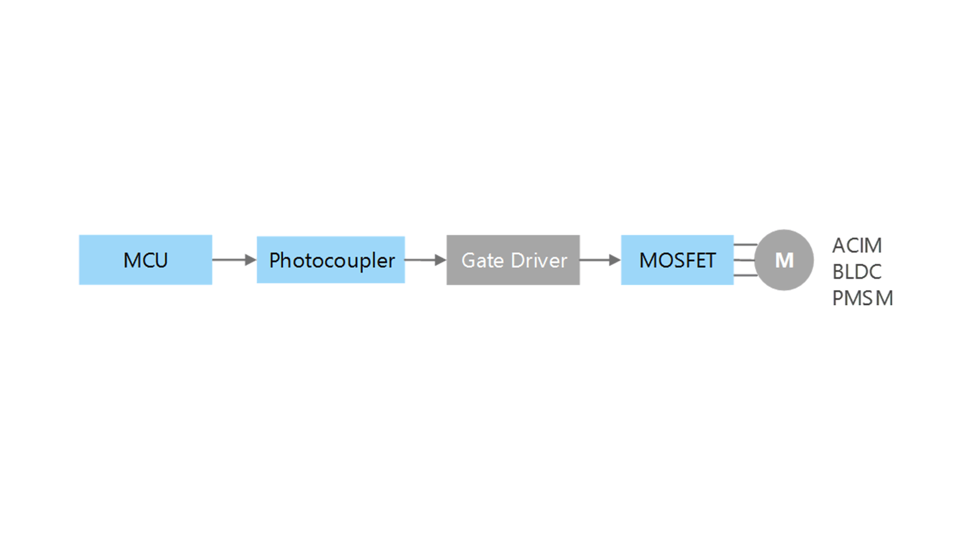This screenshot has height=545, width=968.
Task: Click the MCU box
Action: click(x=146, y=260)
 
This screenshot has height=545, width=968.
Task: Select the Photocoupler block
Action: click(x=331, y=260)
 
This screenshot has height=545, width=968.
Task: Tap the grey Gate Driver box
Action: click(x=513, y=260)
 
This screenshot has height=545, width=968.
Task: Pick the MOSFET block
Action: click(x=677, y=260)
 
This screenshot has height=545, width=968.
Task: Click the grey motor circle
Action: click(x=784, y=260)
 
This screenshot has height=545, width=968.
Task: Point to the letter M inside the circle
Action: click(x=785, y=261)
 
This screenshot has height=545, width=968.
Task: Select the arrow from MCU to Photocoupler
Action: click(x=234, y=260)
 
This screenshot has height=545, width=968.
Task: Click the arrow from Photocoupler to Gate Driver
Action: click(x=425, y=260)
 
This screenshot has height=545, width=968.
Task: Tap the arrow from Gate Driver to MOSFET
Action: click(x=600, y=260)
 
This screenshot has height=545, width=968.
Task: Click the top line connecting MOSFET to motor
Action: click(x=746, y=245)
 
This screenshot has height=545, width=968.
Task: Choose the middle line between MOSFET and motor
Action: click(x=744, y=260)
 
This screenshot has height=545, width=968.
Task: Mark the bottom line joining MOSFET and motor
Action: click(x=746, y=275)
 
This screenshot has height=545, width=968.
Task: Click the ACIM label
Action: click(x=857, y=245)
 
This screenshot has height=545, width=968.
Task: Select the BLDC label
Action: click(x=857, y=272)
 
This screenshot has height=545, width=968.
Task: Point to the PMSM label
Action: click(x=863, y=298)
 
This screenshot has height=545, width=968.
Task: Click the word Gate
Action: click(x=483, y=261)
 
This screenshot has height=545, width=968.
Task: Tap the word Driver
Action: click(x=539, y=261)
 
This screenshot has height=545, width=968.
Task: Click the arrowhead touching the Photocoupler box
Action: click(x=251, y=260)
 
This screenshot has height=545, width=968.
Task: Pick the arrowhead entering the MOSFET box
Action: click(x=615, y=260)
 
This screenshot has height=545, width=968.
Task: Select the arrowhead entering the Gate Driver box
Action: click(x=441, y=260)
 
